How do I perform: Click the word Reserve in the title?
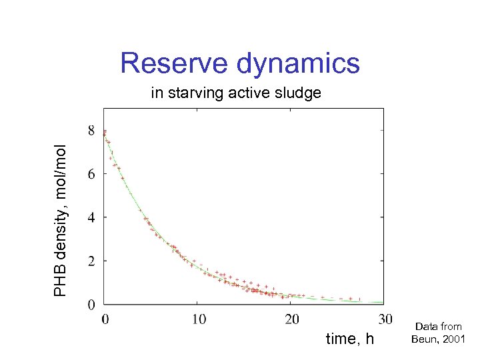pos(175,64)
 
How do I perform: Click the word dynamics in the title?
pos(298,65)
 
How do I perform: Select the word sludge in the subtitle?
pos(299,93)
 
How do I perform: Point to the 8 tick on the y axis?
pos(91,131)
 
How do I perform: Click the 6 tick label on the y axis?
pos(91,174)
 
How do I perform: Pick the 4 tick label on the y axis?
pos(91,217)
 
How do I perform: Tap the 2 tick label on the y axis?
pos(91,261)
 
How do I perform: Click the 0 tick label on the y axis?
pos(91,305)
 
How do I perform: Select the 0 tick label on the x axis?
pos(105,319)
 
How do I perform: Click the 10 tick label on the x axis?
pos(199,319)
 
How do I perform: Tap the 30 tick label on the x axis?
pos(384,319)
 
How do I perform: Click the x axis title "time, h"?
pos(350,339)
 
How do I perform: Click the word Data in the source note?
pos(427,327)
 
